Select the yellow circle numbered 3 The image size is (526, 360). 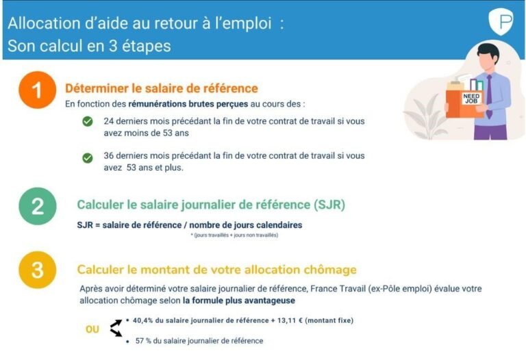pos(36,271)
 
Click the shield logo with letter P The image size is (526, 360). pos(501,22)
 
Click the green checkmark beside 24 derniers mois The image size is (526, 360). pos(88,122)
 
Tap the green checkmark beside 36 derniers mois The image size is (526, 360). pos(88,158)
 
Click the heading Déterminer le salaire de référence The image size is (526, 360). pos(161,88)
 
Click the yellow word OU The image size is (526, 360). pos(92,329)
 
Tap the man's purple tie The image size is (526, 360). pos(488,97)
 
